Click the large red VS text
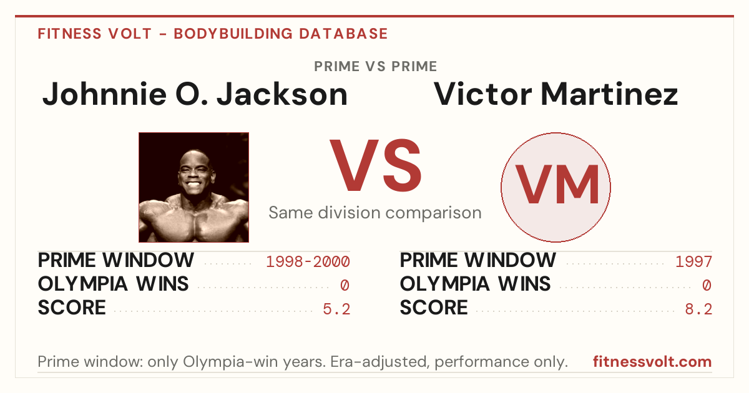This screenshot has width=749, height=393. [376, 165]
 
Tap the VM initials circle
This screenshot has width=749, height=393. [556, 187]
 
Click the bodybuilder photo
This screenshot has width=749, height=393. [193, 187]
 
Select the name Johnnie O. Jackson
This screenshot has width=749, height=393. [195, 94]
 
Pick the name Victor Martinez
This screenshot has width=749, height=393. [556, 94]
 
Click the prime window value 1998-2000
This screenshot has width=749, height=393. [308, 261]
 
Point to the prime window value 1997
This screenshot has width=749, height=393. [694, 261]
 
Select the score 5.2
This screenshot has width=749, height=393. [336, 309]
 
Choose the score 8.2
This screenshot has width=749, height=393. [698, 309]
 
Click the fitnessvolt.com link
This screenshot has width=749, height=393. [652, 362]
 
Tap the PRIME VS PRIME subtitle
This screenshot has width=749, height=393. [376, 67]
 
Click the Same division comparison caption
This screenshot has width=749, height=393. [375, 213]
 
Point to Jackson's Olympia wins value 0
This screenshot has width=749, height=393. [345, 286]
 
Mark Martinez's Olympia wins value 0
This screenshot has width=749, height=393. [707, 286]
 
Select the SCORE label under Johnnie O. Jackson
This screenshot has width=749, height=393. [72, 308]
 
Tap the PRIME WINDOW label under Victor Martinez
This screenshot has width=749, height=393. [478, 260]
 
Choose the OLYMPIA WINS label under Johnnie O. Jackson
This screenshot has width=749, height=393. [114, 284]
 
